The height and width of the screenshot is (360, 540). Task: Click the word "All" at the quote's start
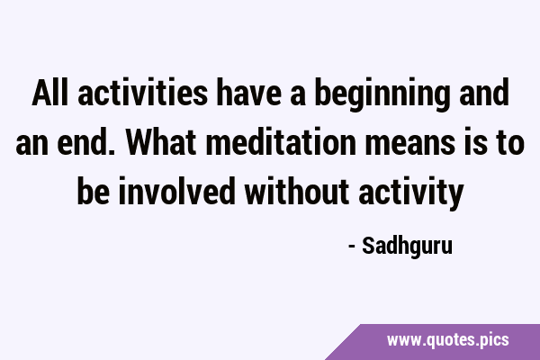49,93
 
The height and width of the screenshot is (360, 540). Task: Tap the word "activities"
142,93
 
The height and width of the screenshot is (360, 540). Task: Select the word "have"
249,93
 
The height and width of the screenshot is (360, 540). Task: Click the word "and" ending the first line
484,93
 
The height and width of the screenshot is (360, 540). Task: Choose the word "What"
161,142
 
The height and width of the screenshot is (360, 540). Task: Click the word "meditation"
281,142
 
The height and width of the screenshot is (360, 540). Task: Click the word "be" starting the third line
94,192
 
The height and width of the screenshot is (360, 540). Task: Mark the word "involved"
176,192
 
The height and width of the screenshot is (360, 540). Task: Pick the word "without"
297,192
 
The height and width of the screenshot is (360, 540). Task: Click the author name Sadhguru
407,247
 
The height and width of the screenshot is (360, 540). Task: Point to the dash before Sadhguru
352,247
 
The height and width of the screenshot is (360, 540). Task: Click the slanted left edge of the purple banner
343,342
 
